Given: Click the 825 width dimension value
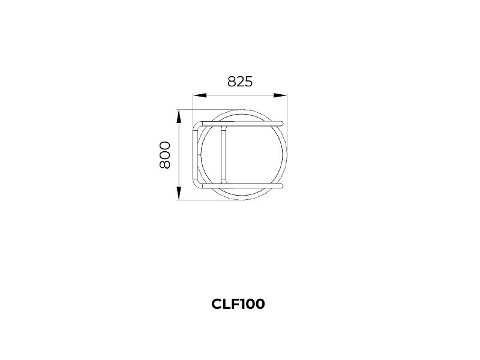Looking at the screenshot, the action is [240, 82].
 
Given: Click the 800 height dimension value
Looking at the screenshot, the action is [164, 155].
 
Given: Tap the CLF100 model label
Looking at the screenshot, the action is [238, 304].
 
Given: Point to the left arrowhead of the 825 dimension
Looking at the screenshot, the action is [200, 95].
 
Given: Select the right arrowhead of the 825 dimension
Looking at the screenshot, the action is [280, 95].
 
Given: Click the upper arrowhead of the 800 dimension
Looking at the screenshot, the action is [179, 116].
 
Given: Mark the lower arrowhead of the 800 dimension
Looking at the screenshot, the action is [179, 193].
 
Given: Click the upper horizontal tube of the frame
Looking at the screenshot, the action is [242, 124].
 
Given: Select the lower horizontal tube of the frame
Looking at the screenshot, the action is [242, 185].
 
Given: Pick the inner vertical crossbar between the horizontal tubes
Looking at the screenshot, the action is [223, 155].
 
